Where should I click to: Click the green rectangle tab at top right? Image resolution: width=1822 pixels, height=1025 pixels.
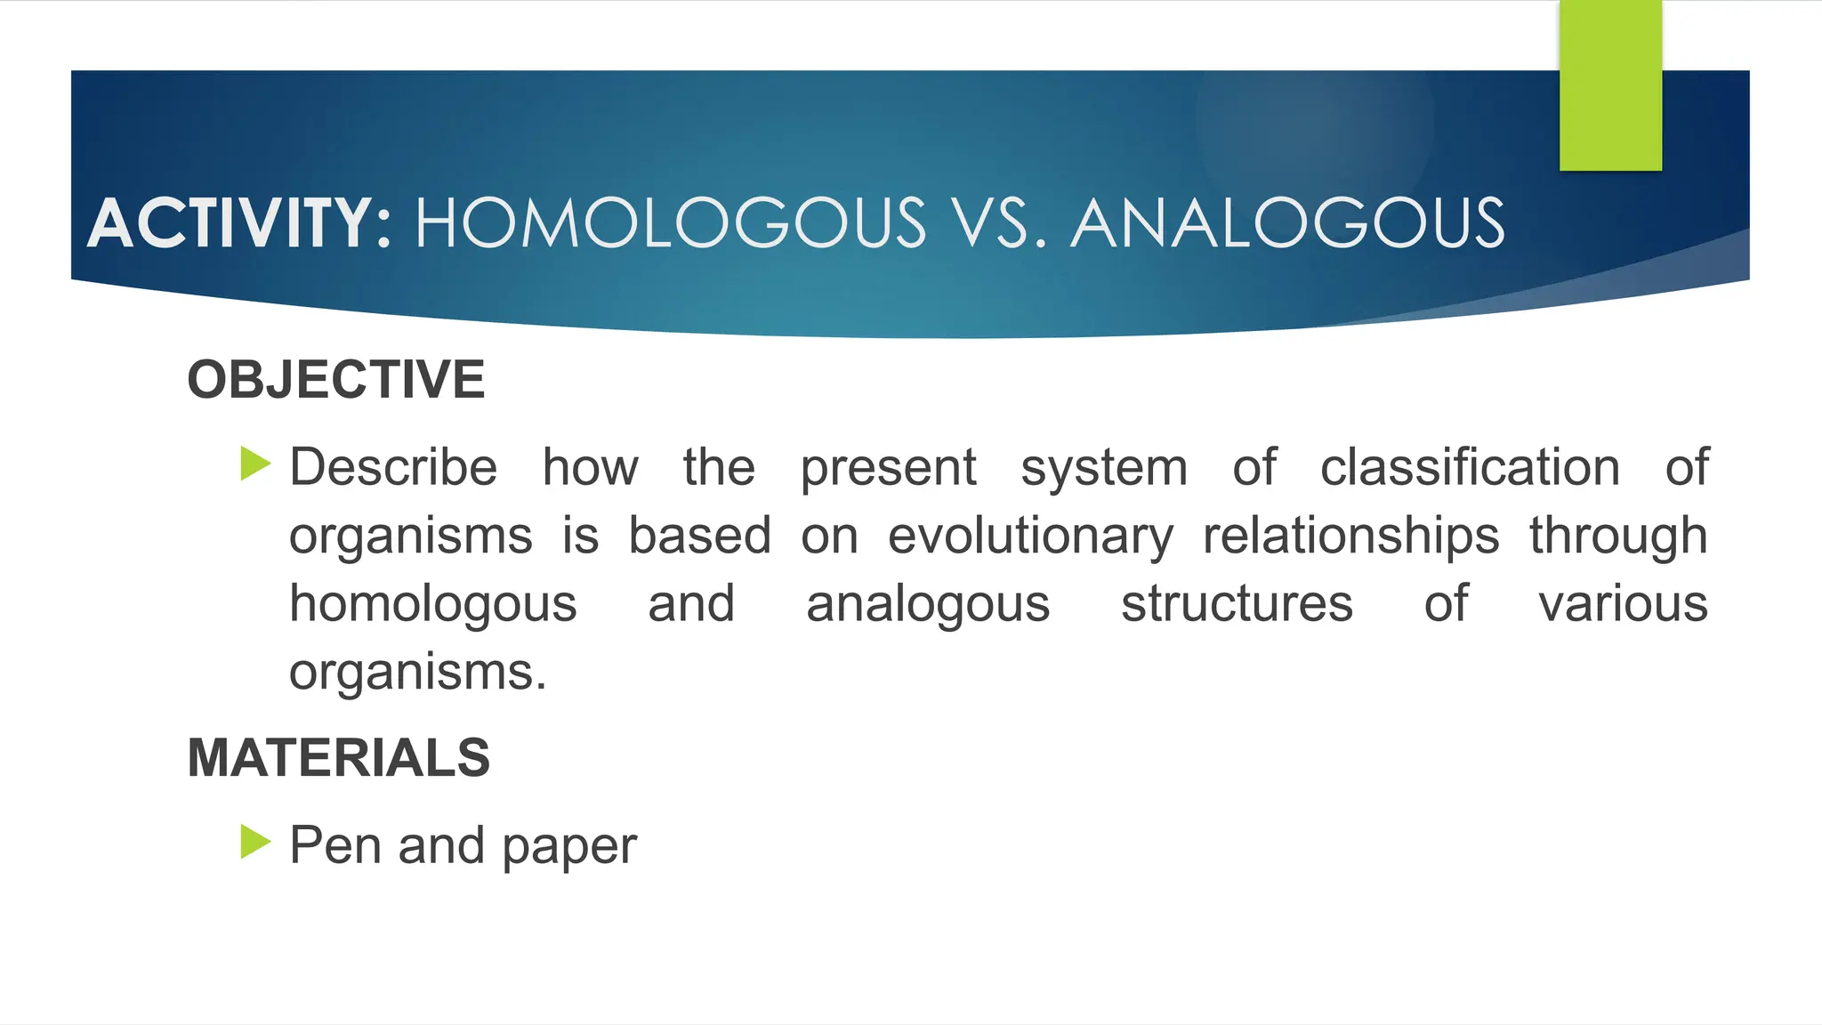point(1610,85)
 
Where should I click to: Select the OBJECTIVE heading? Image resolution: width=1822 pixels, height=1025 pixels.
point(336,380)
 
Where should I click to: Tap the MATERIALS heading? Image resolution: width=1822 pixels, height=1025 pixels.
point(338,758)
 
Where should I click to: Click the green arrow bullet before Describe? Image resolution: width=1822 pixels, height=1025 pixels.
point(255,464)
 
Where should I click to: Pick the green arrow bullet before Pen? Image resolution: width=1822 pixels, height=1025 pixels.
point(255,842)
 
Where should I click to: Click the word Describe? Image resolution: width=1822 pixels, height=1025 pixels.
point(393,467)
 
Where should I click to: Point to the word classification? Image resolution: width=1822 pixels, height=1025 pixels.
point(1470,467)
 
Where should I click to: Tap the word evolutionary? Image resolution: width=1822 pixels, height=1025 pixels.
point(1030,537)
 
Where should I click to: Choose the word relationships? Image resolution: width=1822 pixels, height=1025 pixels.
point(1350,536)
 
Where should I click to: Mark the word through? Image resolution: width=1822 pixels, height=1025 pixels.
point(1618,537)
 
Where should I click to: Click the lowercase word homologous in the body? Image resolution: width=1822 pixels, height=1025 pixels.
point(433,606)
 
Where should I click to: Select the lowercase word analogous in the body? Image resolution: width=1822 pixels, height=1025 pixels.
point(928,606)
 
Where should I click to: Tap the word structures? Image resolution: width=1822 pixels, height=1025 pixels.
point(1237,604)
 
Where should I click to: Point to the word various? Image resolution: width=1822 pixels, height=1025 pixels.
point(1623,604)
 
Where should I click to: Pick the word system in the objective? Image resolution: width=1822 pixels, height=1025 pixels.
point(1104,469)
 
